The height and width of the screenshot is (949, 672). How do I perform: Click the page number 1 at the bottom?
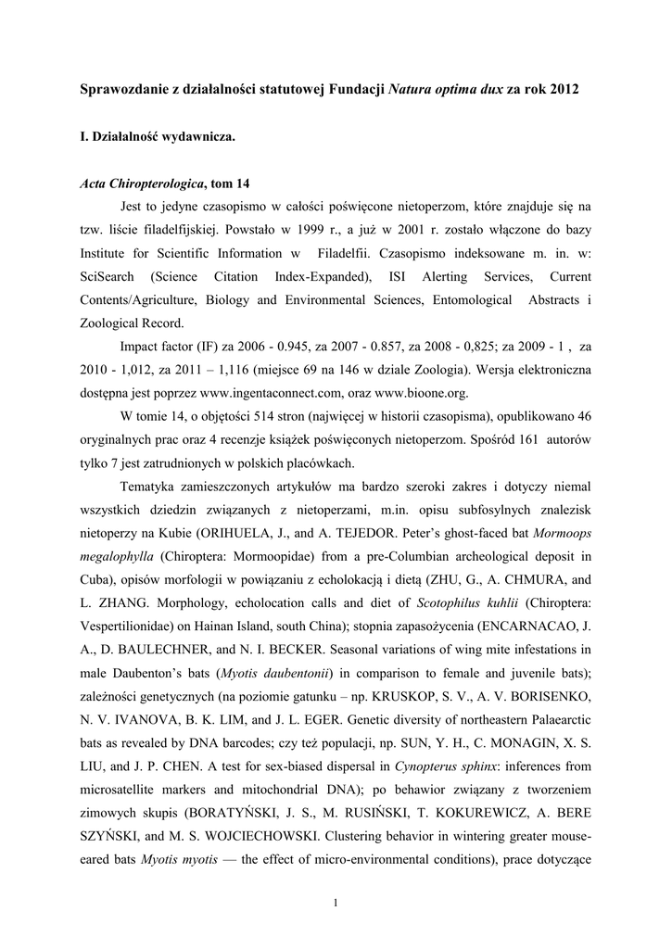[x=336, y=904]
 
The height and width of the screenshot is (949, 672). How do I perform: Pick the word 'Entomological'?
[x=466, y=300]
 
